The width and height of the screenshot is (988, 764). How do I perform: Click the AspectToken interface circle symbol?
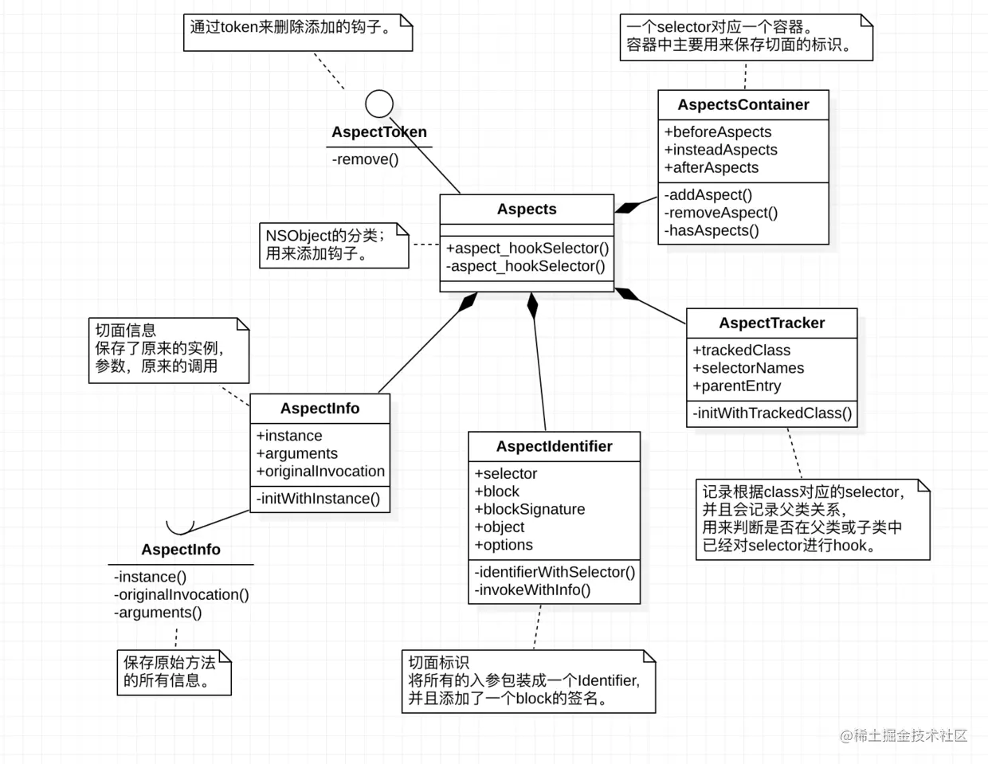tap(379, 104)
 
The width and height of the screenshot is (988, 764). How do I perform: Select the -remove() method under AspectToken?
tap(365, 159)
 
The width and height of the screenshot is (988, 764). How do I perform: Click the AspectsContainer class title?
tap(743, 104)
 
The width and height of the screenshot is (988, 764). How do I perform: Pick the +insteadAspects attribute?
tap(720, 150)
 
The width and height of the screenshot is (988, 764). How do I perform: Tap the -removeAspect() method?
tap(720, 213)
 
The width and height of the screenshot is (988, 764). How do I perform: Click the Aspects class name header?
tap(527, 209)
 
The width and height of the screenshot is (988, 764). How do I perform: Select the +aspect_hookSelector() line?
tap(527, 248)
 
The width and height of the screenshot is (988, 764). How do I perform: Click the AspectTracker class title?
tap(771, 323)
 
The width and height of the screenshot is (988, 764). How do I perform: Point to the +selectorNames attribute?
tap(748, 368)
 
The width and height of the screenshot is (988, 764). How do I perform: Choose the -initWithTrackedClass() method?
tap(771, 413)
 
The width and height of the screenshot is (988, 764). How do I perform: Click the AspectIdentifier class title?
tap(554, 446)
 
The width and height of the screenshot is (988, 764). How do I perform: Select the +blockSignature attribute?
tap(530, 509)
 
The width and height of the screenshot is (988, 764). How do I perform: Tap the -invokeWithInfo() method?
tap(532, 590)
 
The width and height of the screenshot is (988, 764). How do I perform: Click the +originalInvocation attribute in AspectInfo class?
tap(320, 471)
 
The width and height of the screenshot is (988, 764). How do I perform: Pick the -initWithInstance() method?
tap(318, 499)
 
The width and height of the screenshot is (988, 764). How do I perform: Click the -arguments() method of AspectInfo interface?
tap(158, 612)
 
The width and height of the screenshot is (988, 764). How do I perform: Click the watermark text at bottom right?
tap(904, 735)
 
